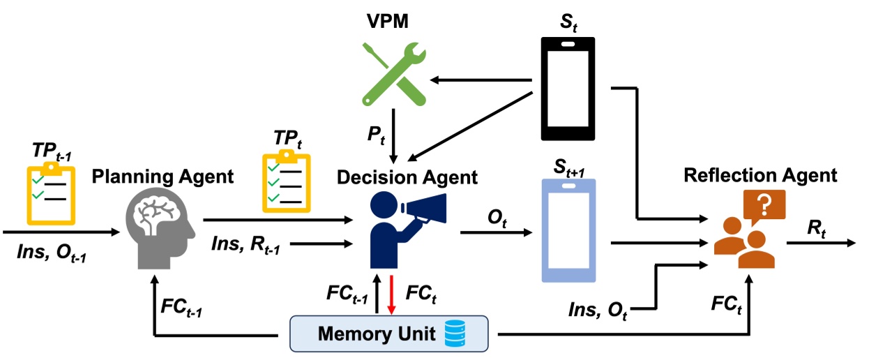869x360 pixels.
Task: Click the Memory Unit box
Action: click(x=388, y=333)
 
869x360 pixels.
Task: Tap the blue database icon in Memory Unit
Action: click(x=458, y=333)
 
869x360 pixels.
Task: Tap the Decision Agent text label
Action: click(x=407, y=177)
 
